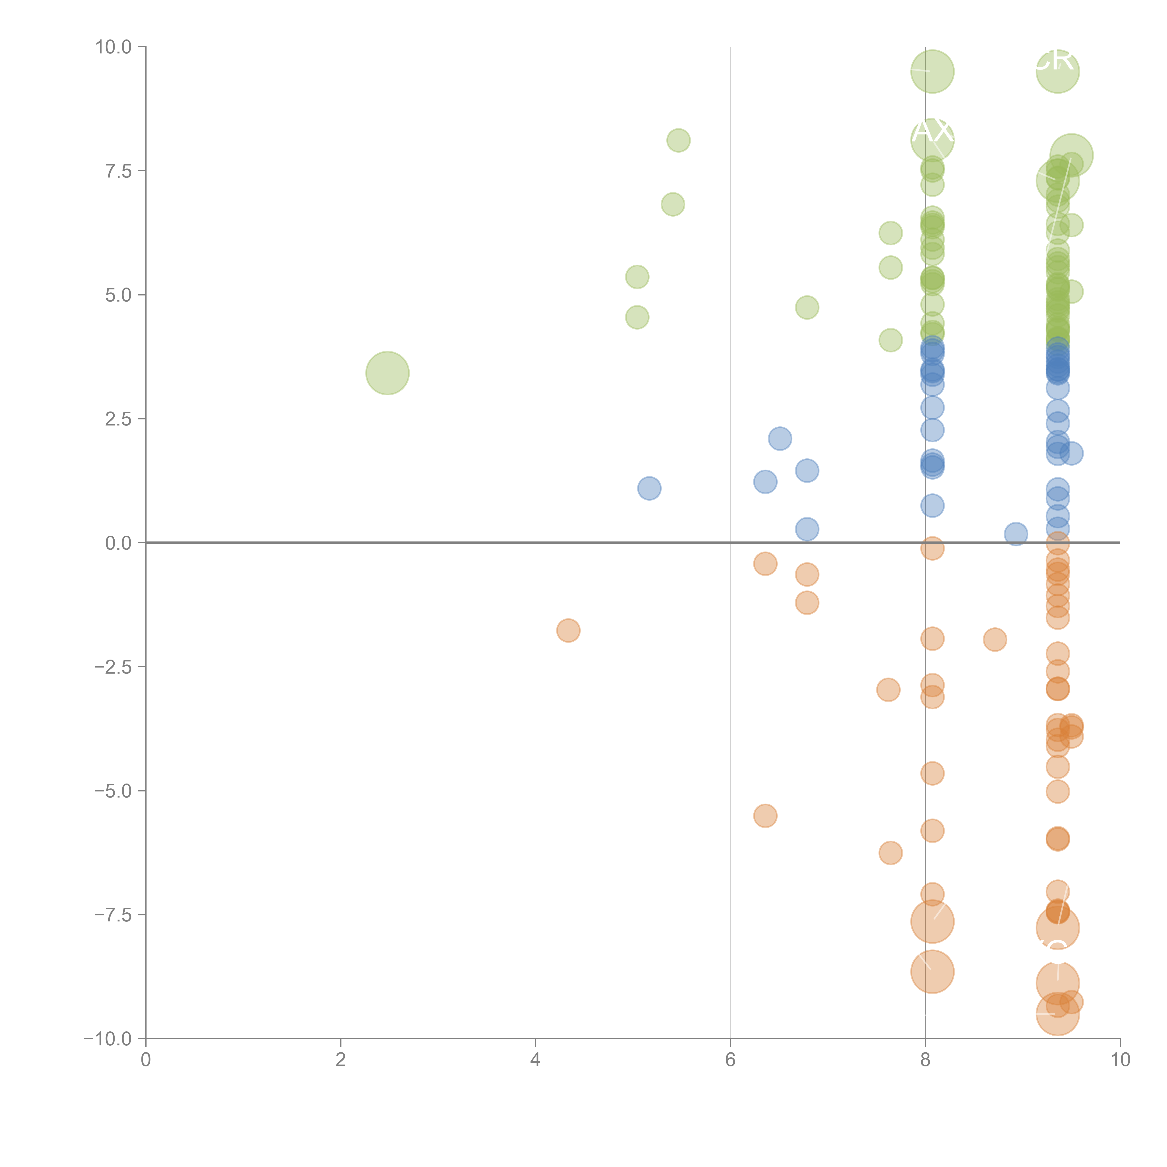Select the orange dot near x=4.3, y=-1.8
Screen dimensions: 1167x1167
coord(568,631)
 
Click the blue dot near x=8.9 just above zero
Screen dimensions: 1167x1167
coord(1016,534)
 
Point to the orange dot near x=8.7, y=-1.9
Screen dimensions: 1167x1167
coord(995,639)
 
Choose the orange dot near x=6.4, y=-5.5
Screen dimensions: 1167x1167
coord(765,816)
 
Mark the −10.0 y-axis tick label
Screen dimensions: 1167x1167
coord(109,1039)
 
